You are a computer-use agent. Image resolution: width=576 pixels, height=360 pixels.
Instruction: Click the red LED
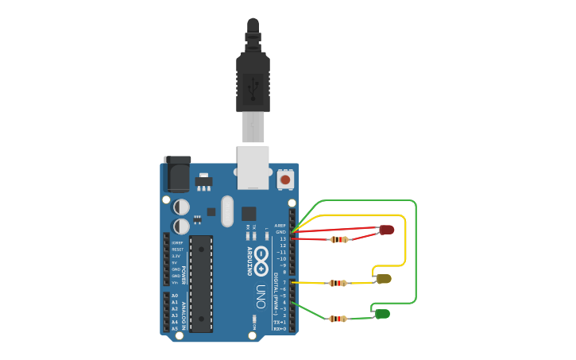click(387, 230)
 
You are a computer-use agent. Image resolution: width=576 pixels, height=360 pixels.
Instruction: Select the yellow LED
click(384, 278)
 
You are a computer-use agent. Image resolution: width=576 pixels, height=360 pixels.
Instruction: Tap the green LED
click(382, 314)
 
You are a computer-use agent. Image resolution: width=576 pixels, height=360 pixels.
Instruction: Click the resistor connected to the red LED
click(340, 239)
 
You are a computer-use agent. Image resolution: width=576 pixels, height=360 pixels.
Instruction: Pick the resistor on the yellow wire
click(338, 283)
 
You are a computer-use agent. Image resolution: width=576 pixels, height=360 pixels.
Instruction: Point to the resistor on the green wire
click(338, 319)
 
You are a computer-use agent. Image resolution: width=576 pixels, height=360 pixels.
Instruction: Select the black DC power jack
click(177, 173)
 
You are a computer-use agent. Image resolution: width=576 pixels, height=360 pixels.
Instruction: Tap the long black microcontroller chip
click(201, 283)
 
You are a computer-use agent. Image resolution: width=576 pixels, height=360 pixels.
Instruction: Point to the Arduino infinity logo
click(261, 261)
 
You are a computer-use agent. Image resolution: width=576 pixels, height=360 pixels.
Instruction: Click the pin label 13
click(283, 238)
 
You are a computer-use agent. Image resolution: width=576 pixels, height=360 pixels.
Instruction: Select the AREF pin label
click(280, 226)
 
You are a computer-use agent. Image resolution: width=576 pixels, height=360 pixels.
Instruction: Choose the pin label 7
click(284, 282)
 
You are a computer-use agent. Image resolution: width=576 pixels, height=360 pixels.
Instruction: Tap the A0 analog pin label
click(175, 296)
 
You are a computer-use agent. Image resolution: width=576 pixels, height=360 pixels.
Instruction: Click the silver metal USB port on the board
click(253, 167)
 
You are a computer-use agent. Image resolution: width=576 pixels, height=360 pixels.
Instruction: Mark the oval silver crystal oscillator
click(227, 211)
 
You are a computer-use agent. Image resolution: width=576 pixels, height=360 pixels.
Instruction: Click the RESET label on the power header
click(177, 250)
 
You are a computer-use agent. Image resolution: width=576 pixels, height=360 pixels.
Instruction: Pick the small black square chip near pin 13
click(249, 213)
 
